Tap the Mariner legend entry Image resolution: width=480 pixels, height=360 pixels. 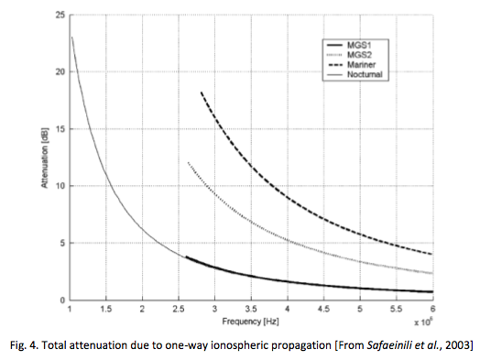(x=352, y=65)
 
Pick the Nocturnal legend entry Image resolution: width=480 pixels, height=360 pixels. (x=355, y=74)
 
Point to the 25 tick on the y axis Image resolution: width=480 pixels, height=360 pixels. (x=60, y=15)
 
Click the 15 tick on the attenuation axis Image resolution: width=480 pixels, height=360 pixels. (x=60, y=129)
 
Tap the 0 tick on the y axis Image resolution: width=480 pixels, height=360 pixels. (x=63, y=300)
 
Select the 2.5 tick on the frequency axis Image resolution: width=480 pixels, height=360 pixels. (x=179, y=310)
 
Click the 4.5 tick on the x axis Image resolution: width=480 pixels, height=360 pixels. (x=323, y=310)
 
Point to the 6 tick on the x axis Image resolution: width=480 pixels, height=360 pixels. (x=432, y=309)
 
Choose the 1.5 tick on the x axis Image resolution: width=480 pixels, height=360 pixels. (x=106, y=310)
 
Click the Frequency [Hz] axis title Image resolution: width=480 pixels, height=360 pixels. (x=250, y=322)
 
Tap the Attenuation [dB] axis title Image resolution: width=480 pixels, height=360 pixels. (x=45, y=158)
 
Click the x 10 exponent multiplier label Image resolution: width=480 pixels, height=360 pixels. (x=423, y=322)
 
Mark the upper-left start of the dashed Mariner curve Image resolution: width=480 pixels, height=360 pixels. (x=202, y=92)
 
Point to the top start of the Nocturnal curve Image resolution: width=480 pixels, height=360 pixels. (x=72, y=37)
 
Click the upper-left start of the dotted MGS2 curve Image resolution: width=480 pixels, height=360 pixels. (x=188, y=162)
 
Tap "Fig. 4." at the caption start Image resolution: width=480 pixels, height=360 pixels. (x=23, y=346)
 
